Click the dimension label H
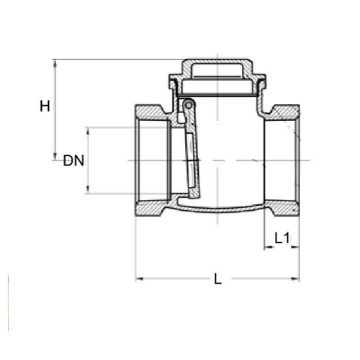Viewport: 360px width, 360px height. click(x=45, y=106)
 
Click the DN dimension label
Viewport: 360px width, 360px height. click(x=73, y=161)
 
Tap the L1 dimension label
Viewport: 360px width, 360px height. click(x=282, y=238)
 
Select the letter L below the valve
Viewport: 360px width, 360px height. click(x=217, y=279)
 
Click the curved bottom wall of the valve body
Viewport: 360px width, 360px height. click(x=217, y=210)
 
